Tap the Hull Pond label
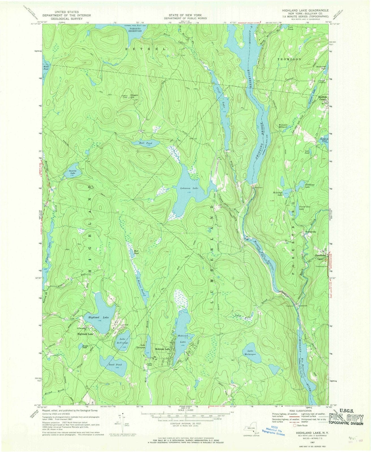click(x=146, y=143)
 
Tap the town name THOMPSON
click(x=290, y=60)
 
